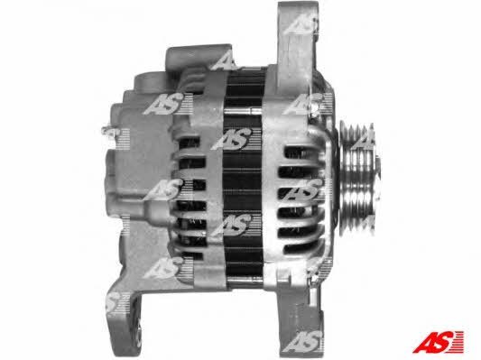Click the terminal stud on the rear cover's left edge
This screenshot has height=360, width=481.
107,131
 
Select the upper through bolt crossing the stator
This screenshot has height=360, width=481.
243,110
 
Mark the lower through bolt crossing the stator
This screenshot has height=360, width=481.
244,280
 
